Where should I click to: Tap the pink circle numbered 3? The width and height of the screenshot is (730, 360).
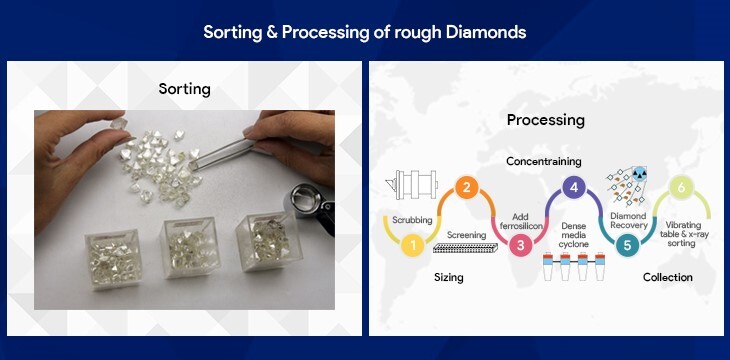[x=519, y=243]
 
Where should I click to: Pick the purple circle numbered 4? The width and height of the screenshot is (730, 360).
[x=572, y=186]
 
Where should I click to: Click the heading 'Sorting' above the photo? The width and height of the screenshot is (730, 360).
[x=185, y=89]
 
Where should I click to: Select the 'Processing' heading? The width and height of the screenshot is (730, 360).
[x=545, y=120]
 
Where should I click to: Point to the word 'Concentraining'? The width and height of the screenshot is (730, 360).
[x=544, y=160]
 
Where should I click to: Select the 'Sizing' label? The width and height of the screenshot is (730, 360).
[x=448, y=277]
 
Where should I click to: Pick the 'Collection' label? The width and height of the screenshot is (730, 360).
[x=667, y=277]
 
